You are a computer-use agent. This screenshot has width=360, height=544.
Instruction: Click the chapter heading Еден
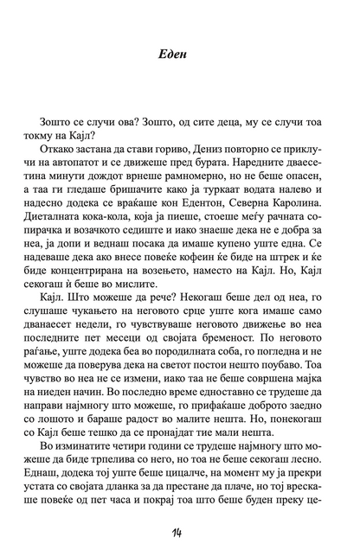[x=180, y=54]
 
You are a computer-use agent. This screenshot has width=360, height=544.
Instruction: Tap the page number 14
[x=180, y=519]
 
